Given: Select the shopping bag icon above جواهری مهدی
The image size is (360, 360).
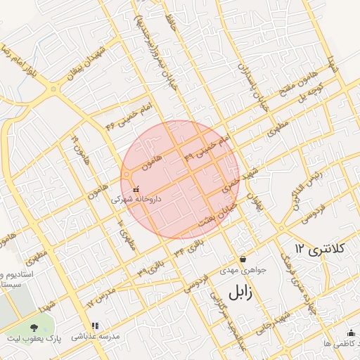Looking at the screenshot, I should tap(243, 259).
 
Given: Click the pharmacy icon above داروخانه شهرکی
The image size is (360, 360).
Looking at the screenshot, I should tap(136, 189).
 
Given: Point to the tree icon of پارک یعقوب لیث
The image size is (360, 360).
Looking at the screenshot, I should tap(34, 327).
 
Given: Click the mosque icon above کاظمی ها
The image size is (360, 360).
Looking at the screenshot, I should tap(351, 333).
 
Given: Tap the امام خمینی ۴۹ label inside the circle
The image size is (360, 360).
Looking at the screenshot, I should tap(207, 148).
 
